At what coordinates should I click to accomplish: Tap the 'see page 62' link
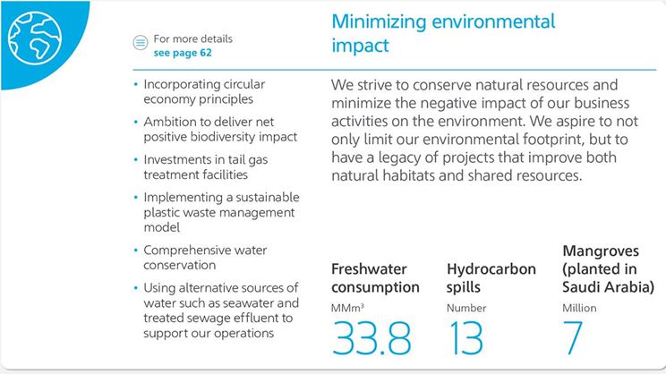click(x=183, y=53)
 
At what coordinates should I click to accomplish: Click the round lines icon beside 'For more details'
click(x=140, y=43)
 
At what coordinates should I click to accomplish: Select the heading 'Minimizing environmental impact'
click(x=443, y=33)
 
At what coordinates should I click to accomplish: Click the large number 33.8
click(x=371, y=338)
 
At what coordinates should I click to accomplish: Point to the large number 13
click(x=465, y=338)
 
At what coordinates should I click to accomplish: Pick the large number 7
click(x=573, y=338)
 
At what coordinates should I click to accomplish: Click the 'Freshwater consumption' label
click(x=375, y=278)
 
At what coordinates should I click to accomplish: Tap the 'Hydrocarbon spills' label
click(x=491, y=278)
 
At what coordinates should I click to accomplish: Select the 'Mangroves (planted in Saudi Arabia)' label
click(x=608, y=268)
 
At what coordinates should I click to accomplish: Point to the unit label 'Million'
click(x=579, y=309)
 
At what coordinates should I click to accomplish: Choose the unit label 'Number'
click(x=465, y=309)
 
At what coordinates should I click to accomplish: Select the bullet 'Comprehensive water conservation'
click(x=205, y=258)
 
